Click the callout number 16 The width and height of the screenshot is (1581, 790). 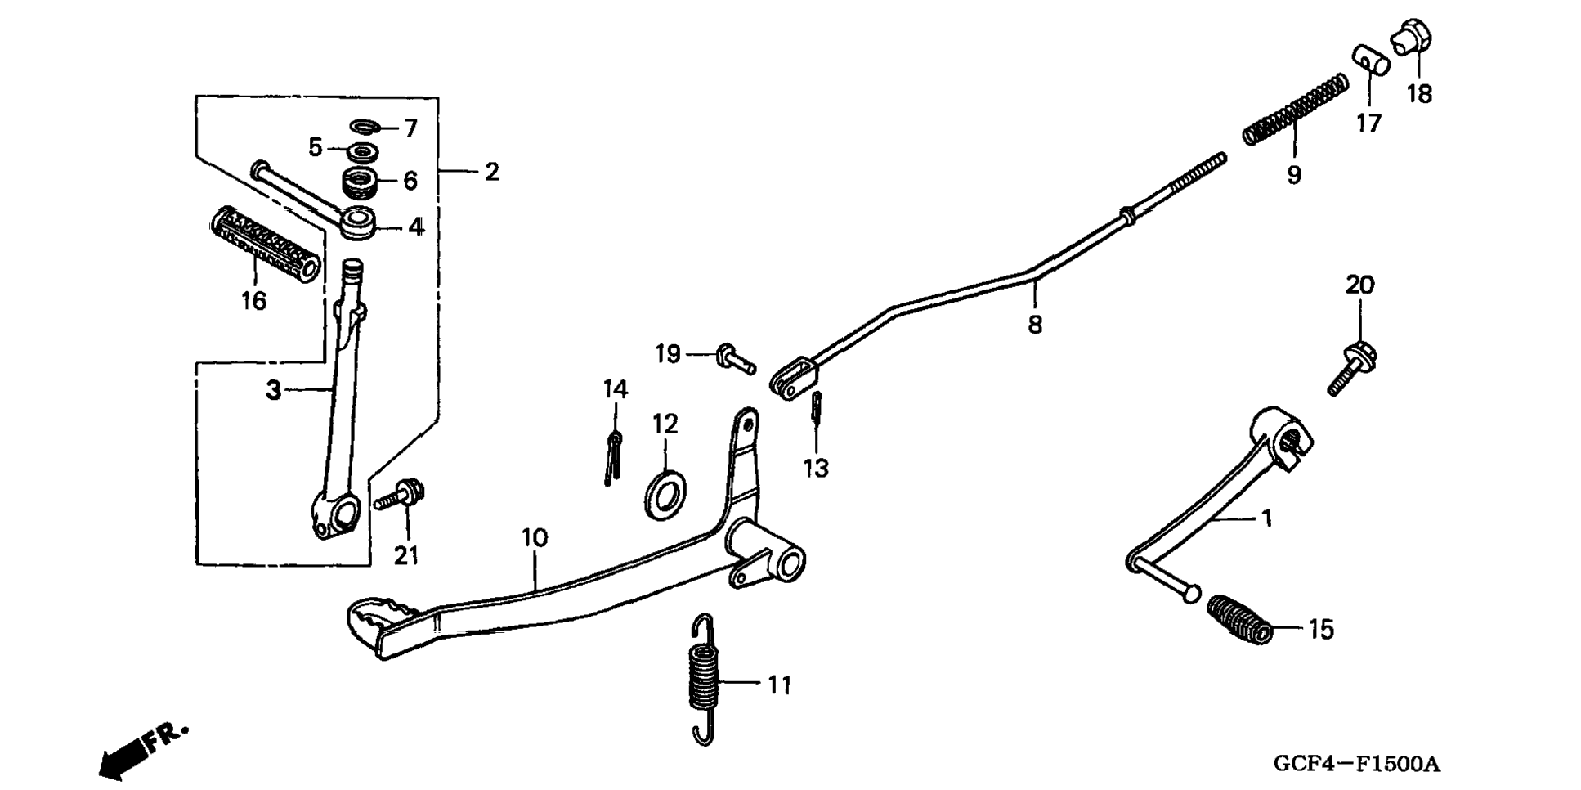[253, 301]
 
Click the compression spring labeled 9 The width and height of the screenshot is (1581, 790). [1296, 110]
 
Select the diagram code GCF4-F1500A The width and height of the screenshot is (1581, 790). [1356, 765]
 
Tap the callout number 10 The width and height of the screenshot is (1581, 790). [534, 538]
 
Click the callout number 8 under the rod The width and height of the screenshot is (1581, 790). [1035, 325]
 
